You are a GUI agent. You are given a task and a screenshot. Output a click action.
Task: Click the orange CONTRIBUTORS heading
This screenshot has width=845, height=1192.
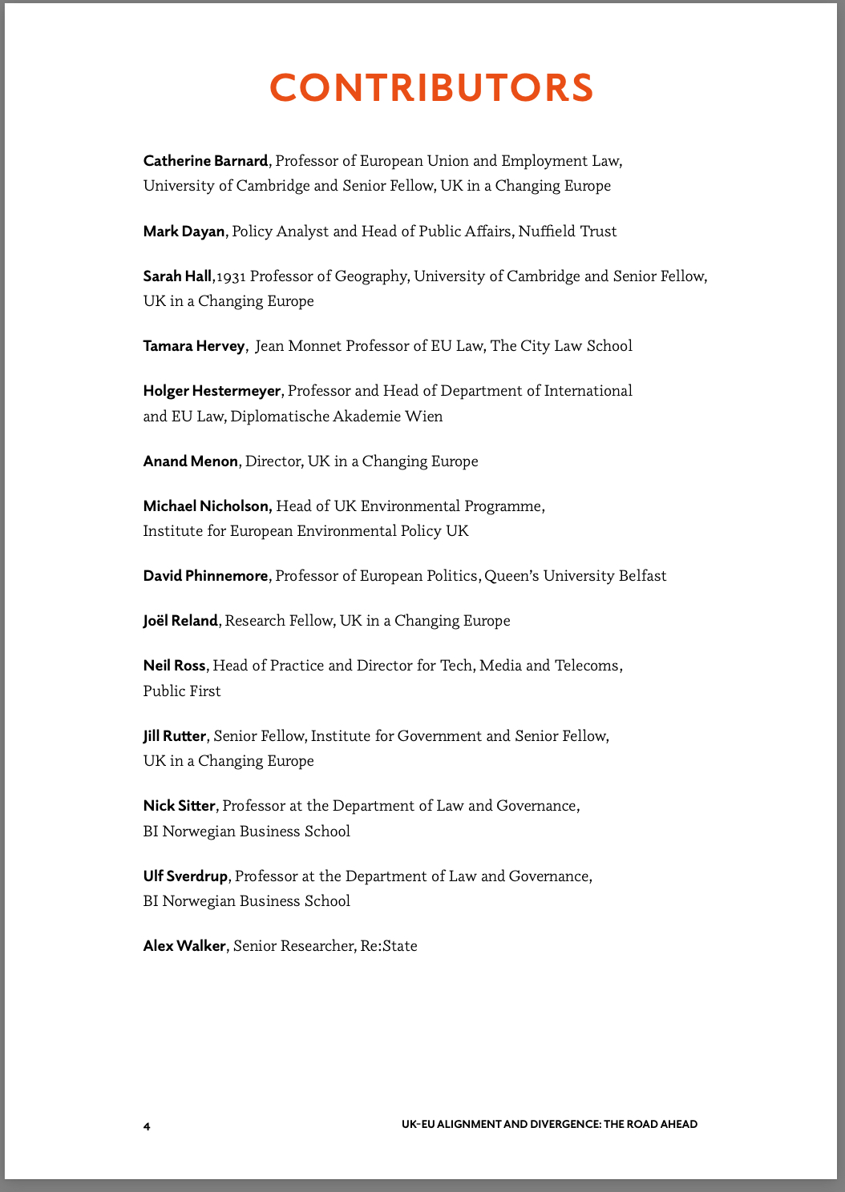pyautogui.click(x=431, y=87)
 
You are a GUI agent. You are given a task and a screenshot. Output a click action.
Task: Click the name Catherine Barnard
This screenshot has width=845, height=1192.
pyautogui.click(x=205, y=161)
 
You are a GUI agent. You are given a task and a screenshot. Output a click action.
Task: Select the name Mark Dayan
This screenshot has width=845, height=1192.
pyautogui.click(x=184, y=232)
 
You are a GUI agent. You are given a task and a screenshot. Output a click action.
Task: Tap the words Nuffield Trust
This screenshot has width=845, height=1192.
pyautogui.click(x=568, y=232)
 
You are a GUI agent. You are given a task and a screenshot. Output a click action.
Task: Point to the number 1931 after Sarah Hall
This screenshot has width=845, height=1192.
pyautogui.click(x=231, y=276)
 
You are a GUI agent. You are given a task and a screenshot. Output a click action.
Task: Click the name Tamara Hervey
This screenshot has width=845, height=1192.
pyautogui.click(x=193, y=346)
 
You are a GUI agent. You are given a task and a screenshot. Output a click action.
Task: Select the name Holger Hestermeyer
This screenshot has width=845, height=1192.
pyautogui.click(x=212, y=391)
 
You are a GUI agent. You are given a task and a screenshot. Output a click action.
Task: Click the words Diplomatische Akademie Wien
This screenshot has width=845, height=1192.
pyautogui.click(x=337, y=417)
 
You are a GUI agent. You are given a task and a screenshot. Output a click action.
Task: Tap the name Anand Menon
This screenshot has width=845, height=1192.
pyautogui.click(x=190, y=461)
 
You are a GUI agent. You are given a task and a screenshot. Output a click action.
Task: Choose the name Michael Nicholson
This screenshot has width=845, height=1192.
pyautogui.click(x=207, y=506)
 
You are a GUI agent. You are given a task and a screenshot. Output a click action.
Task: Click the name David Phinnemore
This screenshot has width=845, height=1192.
pyautogui.click(x=205, y=576)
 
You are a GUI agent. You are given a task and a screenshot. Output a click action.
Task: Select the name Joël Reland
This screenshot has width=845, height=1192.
pyautogui.click(x=180, y=621)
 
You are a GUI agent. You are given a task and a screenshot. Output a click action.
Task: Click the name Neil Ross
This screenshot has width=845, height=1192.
pyautogui.click(x=175, y=666)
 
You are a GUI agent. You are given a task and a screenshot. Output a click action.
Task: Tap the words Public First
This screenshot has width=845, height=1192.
pyautogui.click(x=182, y=691)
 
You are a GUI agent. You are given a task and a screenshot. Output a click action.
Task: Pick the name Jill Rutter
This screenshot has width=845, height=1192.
pyautogui.click(x=175, y=736)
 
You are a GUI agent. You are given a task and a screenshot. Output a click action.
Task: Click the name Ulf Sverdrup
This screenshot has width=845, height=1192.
pyautogui.click(x=186, y=876)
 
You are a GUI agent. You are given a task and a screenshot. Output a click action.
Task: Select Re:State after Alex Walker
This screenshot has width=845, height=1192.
pyautogui.click(x=389, y=946)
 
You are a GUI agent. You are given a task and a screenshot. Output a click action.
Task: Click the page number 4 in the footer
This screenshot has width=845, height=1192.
pyautogui.click(x=147, y=1126)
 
